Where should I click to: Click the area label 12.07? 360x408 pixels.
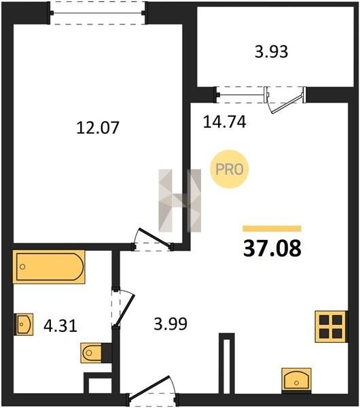98,128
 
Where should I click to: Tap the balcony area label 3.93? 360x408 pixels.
271,52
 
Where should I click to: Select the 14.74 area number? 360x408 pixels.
224,122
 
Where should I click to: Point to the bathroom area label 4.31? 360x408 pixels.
60,326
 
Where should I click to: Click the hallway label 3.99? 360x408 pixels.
170,324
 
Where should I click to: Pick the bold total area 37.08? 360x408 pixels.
272,248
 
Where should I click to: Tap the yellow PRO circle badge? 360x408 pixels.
230,169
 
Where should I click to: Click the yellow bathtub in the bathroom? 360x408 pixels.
49,267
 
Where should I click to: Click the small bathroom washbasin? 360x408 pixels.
23,324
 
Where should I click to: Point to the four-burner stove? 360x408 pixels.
331,326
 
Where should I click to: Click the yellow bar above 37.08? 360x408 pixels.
272,228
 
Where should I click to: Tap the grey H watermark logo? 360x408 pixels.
180,201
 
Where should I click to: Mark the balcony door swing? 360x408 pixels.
285,101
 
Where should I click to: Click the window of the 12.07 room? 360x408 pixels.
98,13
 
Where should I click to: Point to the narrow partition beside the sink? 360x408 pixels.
227,363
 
